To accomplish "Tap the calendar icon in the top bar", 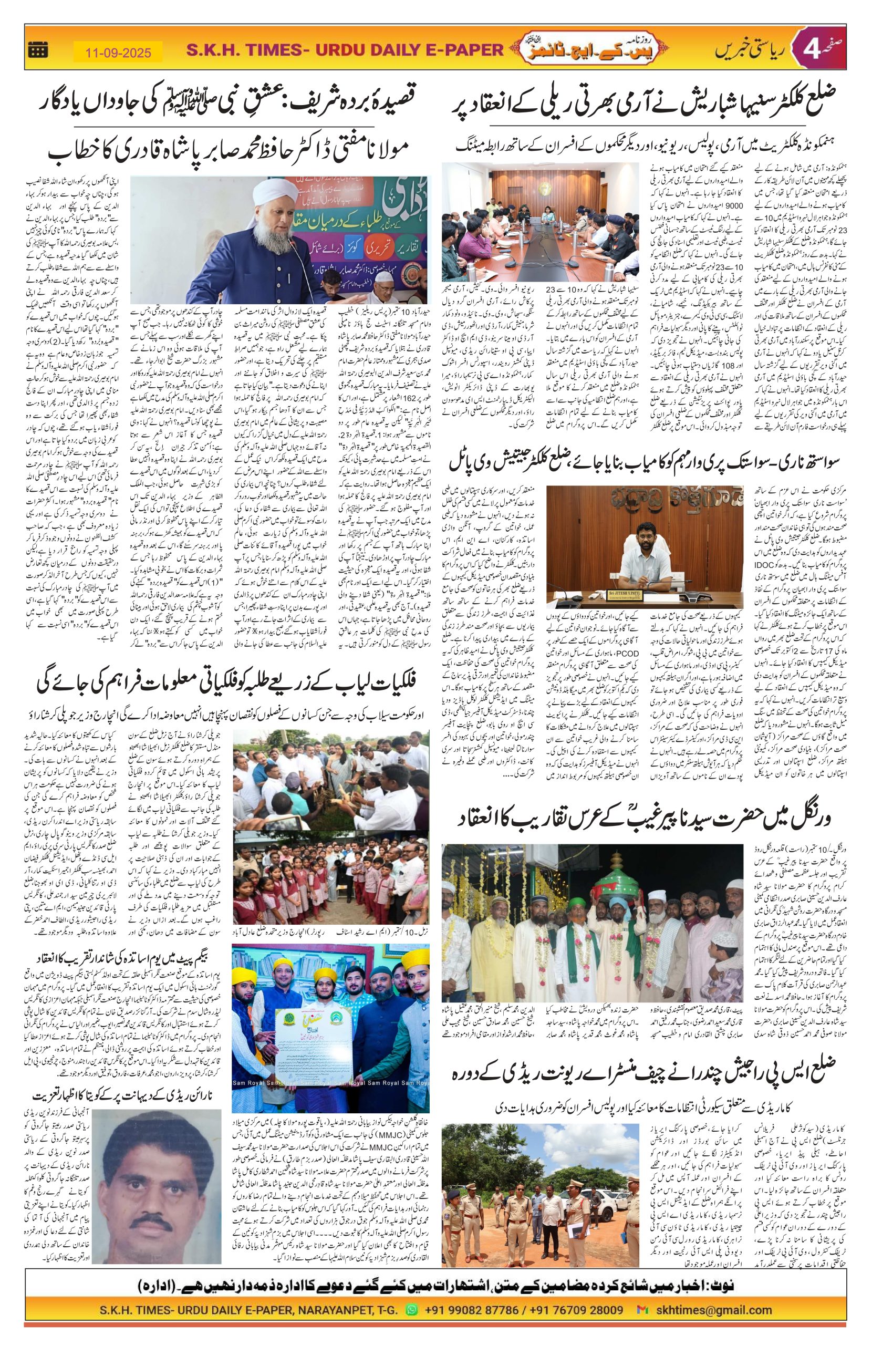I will tap(37, 51).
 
